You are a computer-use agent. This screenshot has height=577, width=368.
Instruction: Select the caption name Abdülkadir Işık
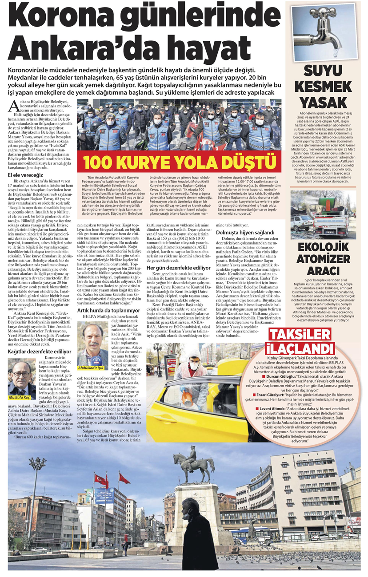click(94, 368)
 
